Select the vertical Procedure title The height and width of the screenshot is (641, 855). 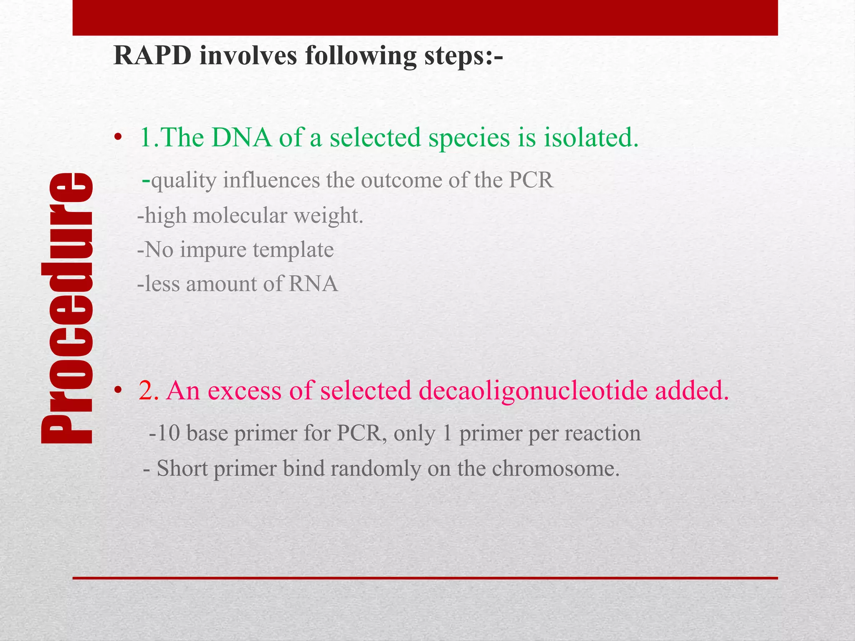point(67,308)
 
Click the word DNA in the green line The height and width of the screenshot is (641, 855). point(241,138)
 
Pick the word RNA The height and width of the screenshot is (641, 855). point(313,284)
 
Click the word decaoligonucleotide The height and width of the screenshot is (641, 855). point(533,391)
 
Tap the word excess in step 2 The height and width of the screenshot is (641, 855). point(244,391)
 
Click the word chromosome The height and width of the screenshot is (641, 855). point(555,469)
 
